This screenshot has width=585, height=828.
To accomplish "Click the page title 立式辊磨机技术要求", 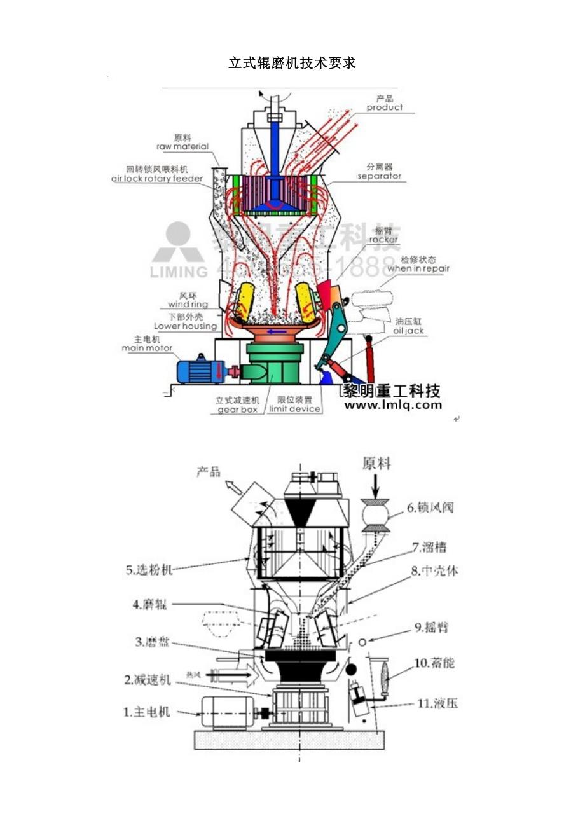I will tap(292, 63).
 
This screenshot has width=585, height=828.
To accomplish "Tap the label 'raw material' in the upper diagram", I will tap(182, 146).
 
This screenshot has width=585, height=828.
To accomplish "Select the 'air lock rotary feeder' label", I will tap(157, 179).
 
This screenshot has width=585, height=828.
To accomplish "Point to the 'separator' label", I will tap(379, 176).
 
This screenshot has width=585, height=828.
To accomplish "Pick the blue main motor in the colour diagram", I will tap(199, 369).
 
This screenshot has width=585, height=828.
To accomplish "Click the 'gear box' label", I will tap(238, 410).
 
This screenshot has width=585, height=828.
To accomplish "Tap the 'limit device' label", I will tap(294, 409).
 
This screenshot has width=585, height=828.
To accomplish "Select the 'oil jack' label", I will tap(408, 331).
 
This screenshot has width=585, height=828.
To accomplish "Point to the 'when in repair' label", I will tap(418, 268).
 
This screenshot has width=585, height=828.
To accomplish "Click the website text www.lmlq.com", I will tap(392, 404).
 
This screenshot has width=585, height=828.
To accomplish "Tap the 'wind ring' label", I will tap(188, 305).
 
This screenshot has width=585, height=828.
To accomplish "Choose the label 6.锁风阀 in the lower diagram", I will tap(432, 507).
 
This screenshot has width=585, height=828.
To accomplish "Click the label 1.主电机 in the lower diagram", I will tap(147, 712).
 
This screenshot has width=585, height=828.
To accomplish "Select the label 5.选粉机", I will tap(149, 570).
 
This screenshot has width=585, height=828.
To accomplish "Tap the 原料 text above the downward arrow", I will tap(376, 463).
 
